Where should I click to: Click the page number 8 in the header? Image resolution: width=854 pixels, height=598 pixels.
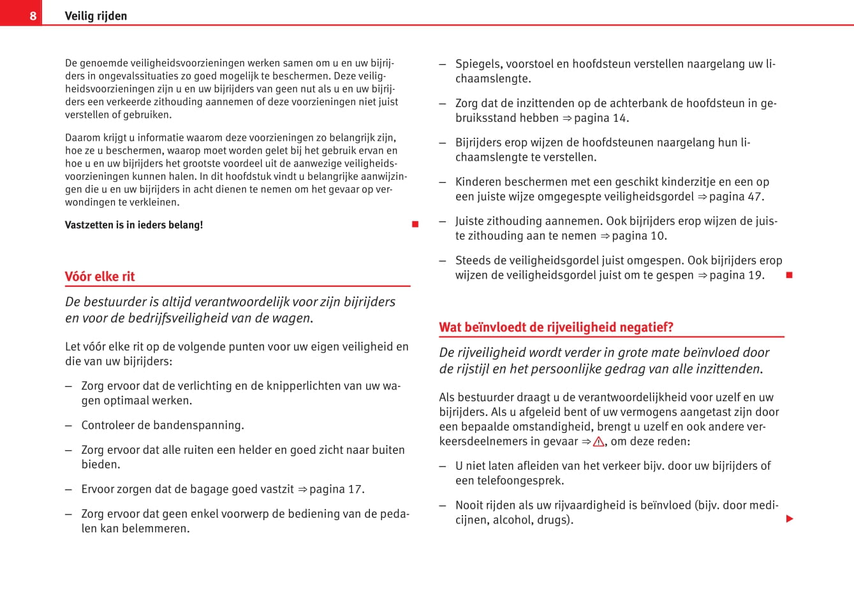click(x=33, y=15)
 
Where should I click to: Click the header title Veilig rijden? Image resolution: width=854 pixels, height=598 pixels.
click(x=96, y=16)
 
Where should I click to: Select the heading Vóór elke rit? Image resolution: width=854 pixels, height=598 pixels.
click(x=100, y=277)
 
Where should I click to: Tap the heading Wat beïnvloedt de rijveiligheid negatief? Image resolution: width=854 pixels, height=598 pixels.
click(x=556, y=328)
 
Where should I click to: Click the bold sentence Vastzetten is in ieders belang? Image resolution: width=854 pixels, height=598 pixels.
click(x=134, y=225)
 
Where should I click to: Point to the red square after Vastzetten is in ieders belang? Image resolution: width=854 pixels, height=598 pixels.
click(x=415, y=224)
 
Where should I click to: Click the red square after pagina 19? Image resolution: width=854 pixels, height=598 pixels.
click(x=789, y=275)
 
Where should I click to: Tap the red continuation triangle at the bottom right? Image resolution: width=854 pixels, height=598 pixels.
click(x=790, y=519)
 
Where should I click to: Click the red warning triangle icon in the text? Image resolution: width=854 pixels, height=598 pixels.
click(x=598, y=441)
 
